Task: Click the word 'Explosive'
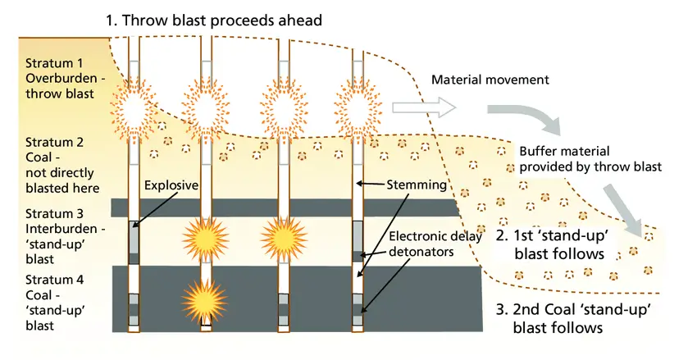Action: (x=171, y=185)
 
